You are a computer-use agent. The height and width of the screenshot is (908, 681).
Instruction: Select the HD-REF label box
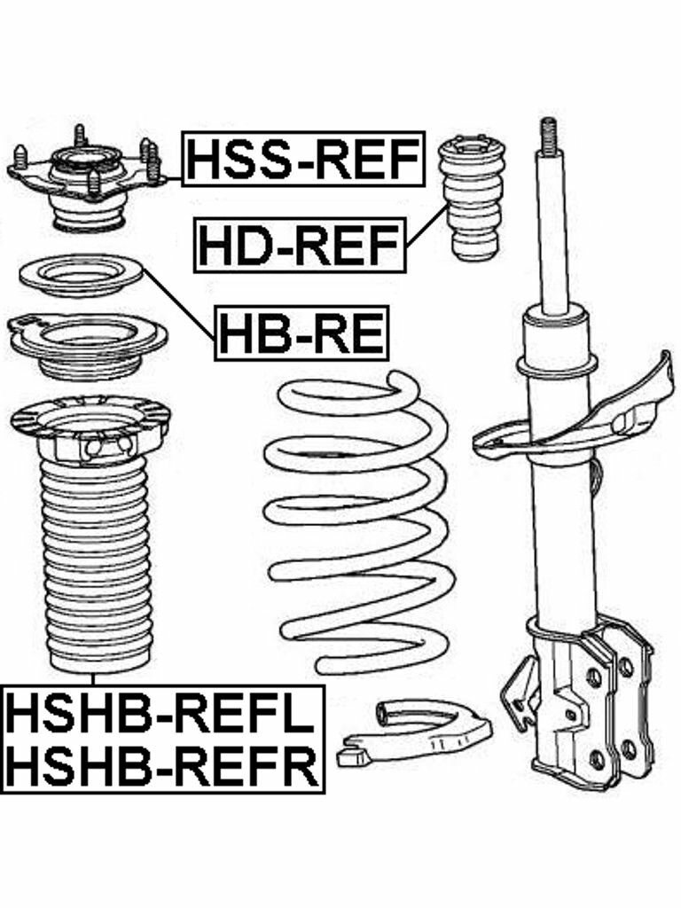tap(301, 244)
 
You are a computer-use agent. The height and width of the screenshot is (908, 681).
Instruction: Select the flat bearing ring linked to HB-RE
tap(80, 276)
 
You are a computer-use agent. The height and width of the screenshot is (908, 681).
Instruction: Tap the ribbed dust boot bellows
tap(96, 567)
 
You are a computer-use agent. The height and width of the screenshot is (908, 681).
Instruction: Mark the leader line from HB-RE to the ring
tap(182, 306)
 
